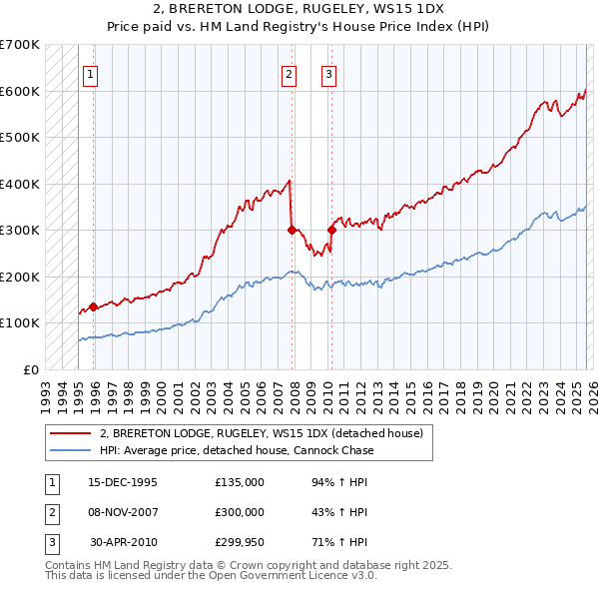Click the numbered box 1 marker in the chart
pyautogui.click(x=90, y=73)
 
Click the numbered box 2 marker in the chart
pyautogui.click(x=289, y=73)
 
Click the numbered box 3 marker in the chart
pyautogui.click(x=328, y=73)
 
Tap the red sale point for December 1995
pyautogui.click(x=94, y=306)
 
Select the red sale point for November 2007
pyautogui.click(x=292, y=230)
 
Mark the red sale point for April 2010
pyautogui.click(x=331, y=230)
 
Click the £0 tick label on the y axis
pyautogui.click(x=32, y=369)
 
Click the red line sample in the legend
pyautogui.click(x=70, y=433)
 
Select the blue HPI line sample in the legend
pyautogui.click(x=70, y=450)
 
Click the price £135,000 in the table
pyautogui.click(x=240, y=481)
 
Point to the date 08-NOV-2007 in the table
pyautogui.click(x=123, y=512)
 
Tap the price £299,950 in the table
pyautogui.click(x=240, y=543)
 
